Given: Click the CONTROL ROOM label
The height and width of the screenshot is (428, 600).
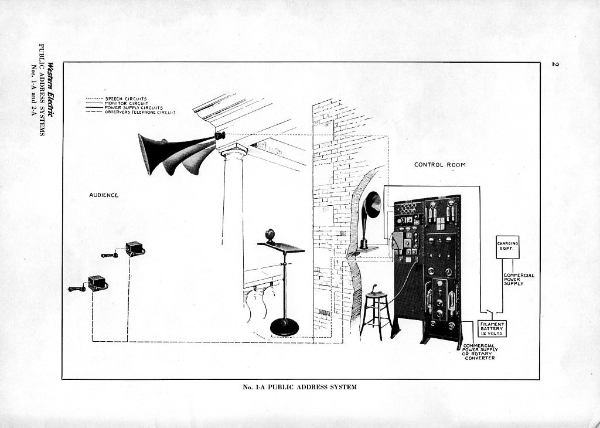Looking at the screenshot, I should pos(439,165).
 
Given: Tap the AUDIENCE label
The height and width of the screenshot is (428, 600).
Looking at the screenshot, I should pos(104,195).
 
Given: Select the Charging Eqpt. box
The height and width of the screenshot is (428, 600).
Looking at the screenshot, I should pos(507,247).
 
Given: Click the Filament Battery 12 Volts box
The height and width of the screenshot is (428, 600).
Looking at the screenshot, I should pos(492,328).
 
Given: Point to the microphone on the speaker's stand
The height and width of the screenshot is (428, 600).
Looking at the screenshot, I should pos(270,235).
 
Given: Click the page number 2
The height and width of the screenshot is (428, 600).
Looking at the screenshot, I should pos(554,63).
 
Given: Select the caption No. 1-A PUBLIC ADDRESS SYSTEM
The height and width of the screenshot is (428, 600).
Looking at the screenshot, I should pos(299,387).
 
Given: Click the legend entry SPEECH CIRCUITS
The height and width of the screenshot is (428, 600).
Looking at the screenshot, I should pos(125,98).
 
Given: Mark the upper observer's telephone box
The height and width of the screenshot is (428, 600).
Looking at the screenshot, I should pos(135,247).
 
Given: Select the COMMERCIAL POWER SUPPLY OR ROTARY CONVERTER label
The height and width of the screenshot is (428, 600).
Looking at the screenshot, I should pos(479,351).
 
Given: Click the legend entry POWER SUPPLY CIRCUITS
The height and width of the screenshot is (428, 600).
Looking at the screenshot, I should pos(134,108).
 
